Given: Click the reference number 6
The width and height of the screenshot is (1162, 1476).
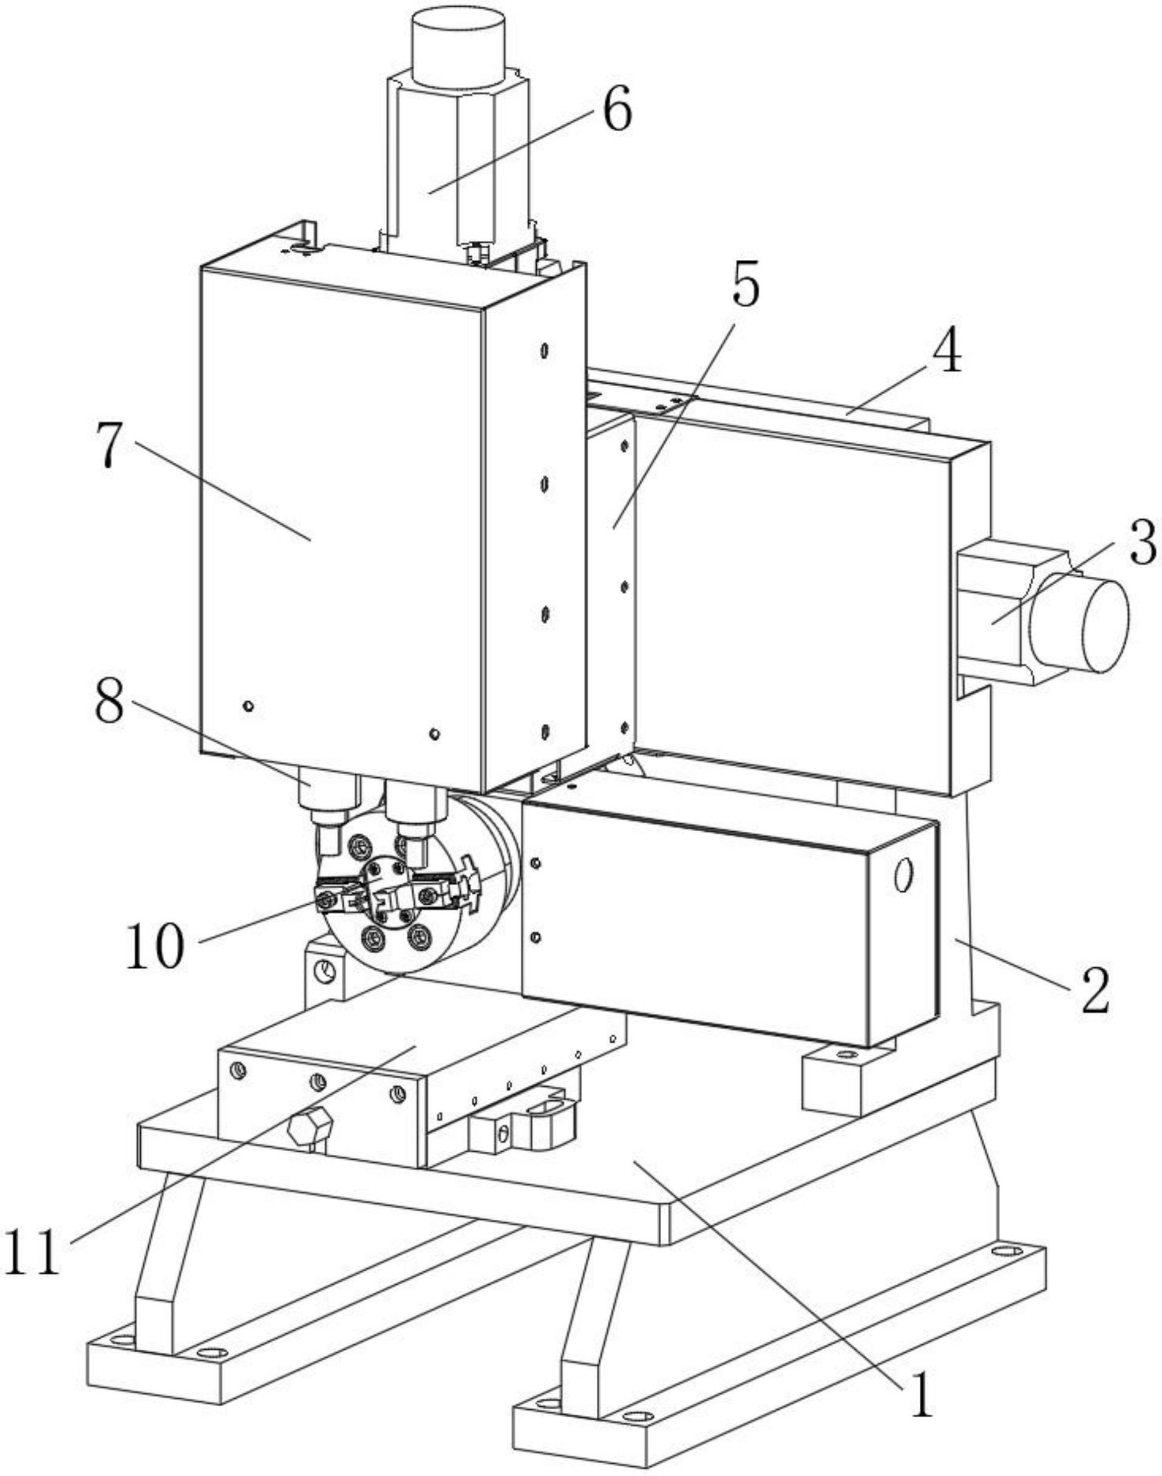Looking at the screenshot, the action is [617, 109].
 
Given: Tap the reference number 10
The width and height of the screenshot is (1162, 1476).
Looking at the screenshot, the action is [154, 945].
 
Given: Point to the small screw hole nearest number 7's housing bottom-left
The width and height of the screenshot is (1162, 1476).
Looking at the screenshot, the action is [248, 706].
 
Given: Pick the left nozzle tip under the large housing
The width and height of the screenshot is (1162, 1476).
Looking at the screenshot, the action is [329, 839].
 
